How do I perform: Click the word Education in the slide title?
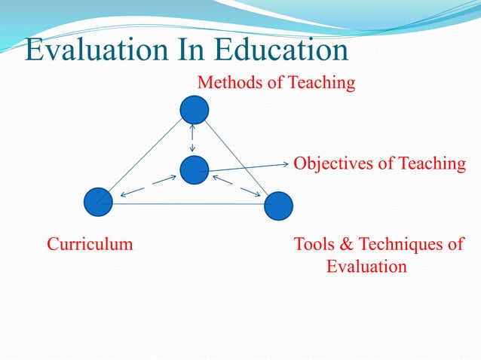(x=281, y=49)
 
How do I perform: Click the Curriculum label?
(x=90, y=244)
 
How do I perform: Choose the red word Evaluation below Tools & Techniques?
(x=366, y=266)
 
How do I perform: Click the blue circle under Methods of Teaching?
(x=195, y=109)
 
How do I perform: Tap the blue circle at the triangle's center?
(x=194, y=169)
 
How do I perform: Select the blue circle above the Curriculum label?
(x=98, y=201)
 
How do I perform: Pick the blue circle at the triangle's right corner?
(x=278, y=206)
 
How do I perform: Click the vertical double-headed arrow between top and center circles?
(x=193, y=139)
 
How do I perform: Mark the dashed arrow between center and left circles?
(x=149, y=185)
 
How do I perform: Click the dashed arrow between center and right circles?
(x=235, y=186)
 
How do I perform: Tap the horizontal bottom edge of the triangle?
(x=188, y=204)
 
